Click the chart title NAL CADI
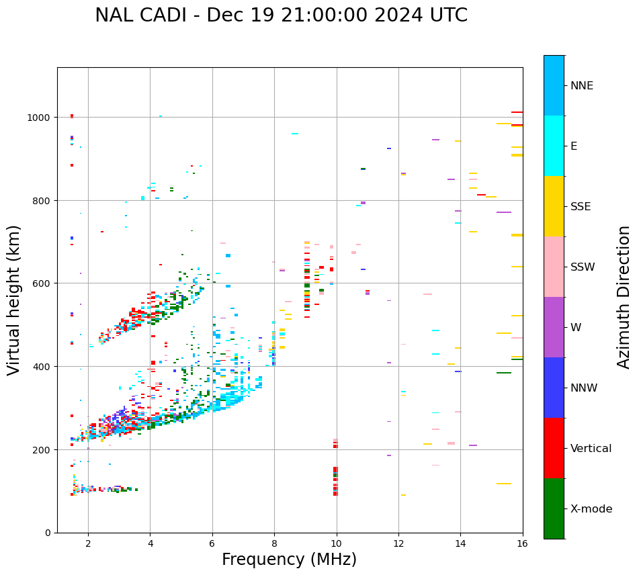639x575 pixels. [x=281, y=15]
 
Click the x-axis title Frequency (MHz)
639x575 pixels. [x=289, y=560]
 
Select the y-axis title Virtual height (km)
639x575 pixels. [x=14, y=300]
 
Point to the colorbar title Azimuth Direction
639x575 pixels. [x=624, y=297]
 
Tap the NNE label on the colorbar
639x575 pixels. [x=582, y=86]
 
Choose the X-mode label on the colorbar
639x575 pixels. [x=591, y=509]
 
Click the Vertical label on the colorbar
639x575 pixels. [x=591, y=449]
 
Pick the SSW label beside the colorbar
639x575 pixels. [x=583, y=267]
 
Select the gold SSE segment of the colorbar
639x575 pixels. [x=554, y=206]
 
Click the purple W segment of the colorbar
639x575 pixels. [x=554, y=327]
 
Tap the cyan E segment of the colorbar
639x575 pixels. [x=554, y=146]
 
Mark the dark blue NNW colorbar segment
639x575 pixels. [x=554, y=388]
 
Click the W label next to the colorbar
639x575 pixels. [x=577, y=328]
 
